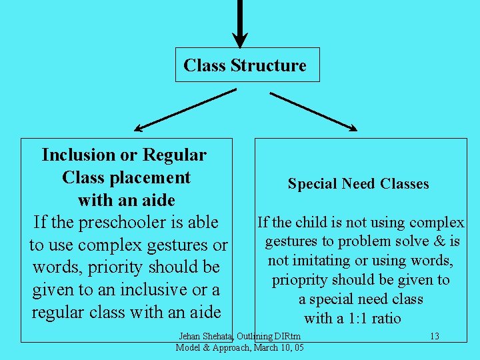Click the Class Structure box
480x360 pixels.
(247, 65)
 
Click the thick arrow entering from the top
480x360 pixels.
(241, 23)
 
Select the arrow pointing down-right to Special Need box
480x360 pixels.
(313, 111)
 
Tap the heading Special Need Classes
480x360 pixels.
(358, 184)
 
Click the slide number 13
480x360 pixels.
(434, 336)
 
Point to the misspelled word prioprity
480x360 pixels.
(303, 280)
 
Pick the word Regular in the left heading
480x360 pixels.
(174, 155)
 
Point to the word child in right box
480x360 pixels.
(312, 222)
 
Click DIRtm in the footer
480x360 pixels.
(286, 336)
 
